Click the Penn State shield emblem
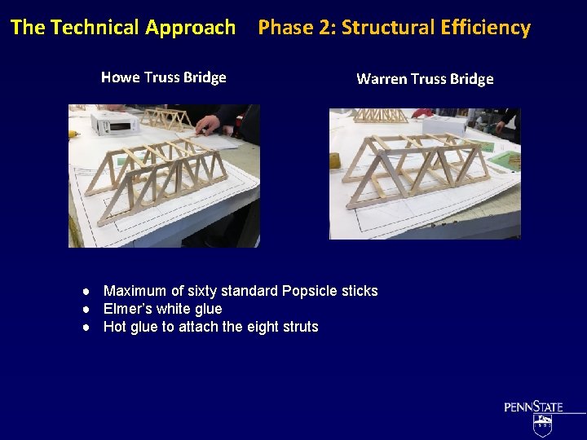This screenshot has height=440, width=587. point(542,424)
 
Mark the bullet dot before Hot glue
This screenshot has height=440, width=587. point(85,328)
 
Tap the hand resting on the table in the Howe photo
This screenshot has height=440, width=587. point(207,125)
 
